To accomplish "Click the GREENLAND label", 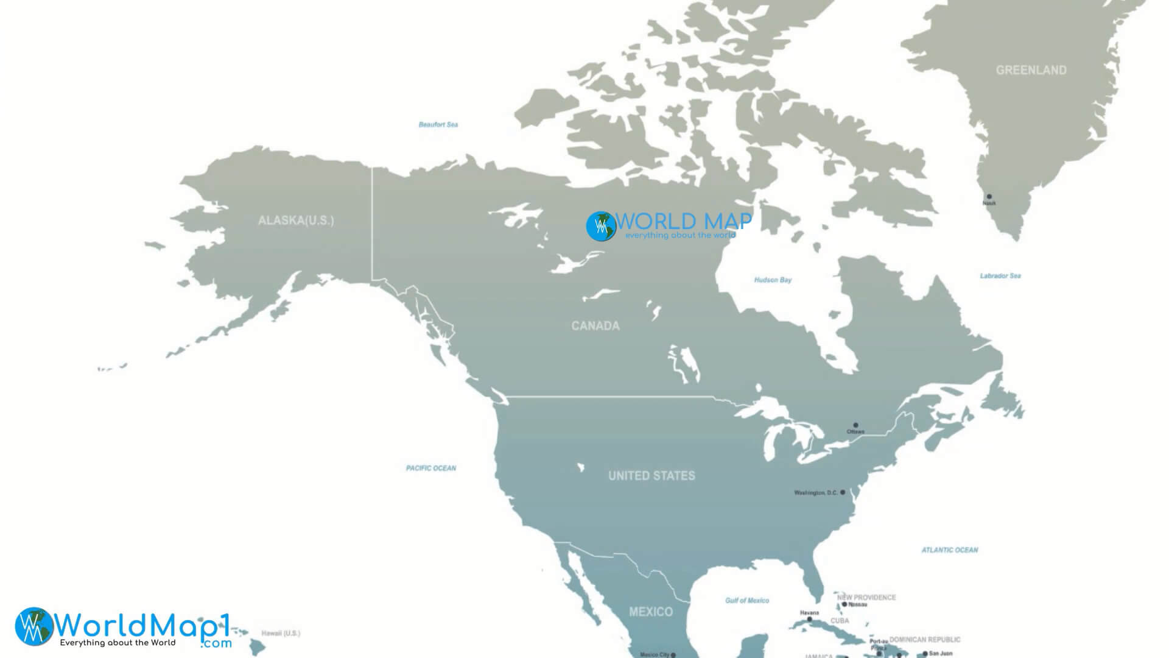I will pos(1031,70).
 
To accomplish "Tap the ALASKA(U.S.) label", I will pos(296,221).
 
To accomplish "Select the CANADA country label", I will pos(595,326).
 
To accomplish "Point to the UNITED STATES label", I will pos(651,476).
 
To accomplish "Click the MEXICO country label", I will pos(651,612).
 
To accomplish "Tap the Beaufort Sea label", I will pos(438,125).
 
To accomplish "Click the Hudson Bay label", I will pos(773,280).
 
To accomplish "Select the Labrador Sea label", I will pos(1000,276).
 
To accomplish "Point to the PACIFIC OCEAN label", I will pos(430,469).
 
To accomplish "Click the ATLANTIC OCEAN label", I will pos(949,550).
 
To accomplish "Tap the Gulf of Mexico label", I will pos(746,601).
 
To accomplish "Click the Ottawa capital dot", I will pos(855,425).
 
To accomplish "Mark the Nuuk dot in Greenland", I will pos(989,197).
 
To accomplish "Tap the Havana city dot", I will pos(809,620).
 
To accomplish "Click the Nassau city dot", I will pos(844,605).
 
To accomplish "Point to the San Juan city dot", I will pos(925,654).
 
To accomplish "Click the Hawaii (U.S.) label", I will pos(280,634).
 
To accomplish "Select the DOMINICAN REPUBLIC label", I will pos(924,640).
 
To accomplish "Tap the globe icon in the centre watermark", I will pos(601,227).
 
